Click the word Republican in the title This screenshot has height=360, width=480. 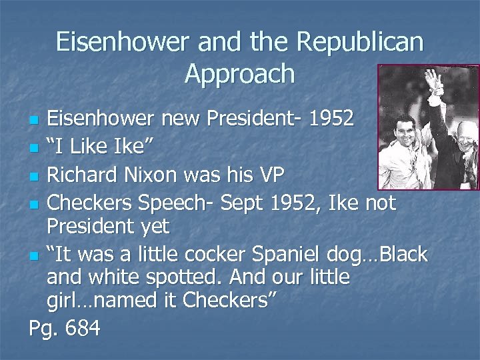tap(360, 42)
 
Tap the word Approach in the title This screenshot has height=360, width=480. tap(239, 73)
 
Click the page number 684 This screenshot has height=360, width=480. tap(81, 328)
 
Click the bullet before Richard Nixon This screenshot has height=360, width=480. tap(35, 176)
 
